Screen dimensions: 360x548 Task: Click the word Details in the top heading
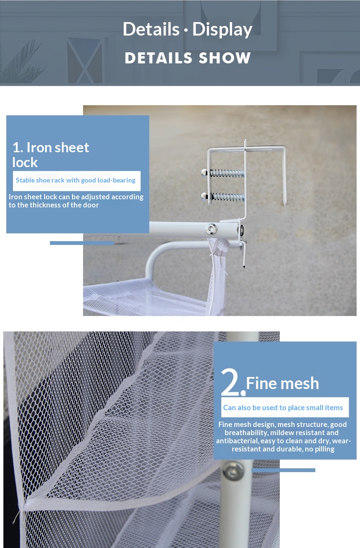click(x=151, y=29)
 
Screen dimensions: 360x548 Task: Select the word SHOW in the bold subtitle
click(x=225, y=58)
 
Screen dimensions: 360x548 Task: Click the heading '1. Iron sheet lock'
click(x=50, y=155)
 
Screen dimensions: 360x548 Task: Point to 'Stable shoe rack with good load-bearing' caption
click(x=75, y=180)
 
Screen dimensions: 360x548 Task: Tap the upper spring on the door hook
click(x=227, y=172)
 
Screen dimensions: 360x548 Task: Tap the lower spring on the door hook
click(x=228, y=197)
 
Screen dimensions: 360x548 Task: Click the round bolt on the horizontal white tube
click(x=211, y=229)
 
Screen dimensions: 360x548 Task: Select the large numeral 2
click(x=231, y=381)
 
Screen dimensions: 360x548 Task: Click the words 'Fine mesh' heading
click(x=283, y=383)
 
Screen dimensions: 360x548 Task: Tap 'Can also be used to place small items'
click(x=283, y=407)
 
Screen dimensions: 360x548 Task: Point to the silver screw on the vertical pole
click(x=233, y=470)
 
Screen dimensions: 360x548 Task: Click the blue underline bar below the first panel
click(x=82, y=243)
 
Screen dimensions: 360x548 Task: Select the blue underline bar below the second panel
click(x=283, y=470)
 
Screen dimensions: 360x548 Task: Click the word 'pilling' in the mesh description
click(x=324, y=450)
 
